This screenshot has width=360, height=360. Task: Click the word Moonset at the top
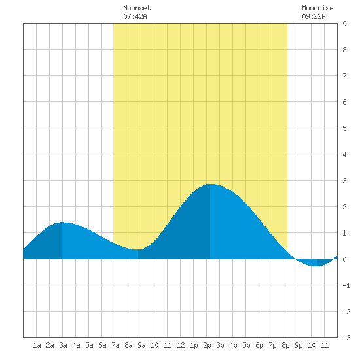pos(137,8)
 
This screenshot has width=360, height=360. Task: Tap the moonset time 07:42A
pos(135,16)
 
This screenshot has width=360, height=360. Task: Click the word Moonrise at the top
pos(317,8)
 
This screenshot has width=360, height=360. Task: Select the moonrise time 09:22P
pos(314,16)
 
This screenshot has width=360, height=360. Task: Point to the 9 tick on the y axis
pos(344,24)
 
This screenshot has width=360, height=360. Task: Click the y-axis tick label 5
pos(344,128)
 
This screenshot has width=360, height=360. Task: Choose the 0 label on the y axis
pos(344,259)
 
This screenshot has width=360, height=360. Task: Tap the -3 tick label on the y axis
pos(346,338)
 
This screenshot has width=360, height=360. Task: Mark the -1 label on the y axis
pos(346,285)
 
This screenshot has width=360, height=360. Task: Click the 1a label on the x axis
pos(37,345)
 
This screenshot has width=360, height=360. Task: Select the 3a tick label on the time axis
pos(63,345)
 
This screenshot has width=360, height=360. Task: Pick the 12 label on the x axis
pos(181,345)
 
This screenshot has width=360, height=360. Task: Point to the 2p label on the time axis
pos(207,345)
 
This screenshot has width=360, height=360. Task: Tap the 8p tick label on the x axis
pos(285,345)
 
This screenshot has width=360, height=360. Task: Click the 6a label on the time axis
pos(102,345)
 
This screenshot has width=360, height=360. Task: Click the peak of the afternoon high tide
pos(210,184)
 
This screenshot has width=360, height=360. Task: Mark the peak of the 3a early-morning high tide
pos(62,222)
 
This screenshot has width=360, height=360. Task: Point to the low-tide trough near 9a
pos(138,249)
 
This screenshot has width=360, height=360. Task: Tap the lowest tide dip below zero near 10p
pos(317,266)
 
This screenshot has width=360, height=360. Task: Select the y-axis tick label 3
pos(344,181)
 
